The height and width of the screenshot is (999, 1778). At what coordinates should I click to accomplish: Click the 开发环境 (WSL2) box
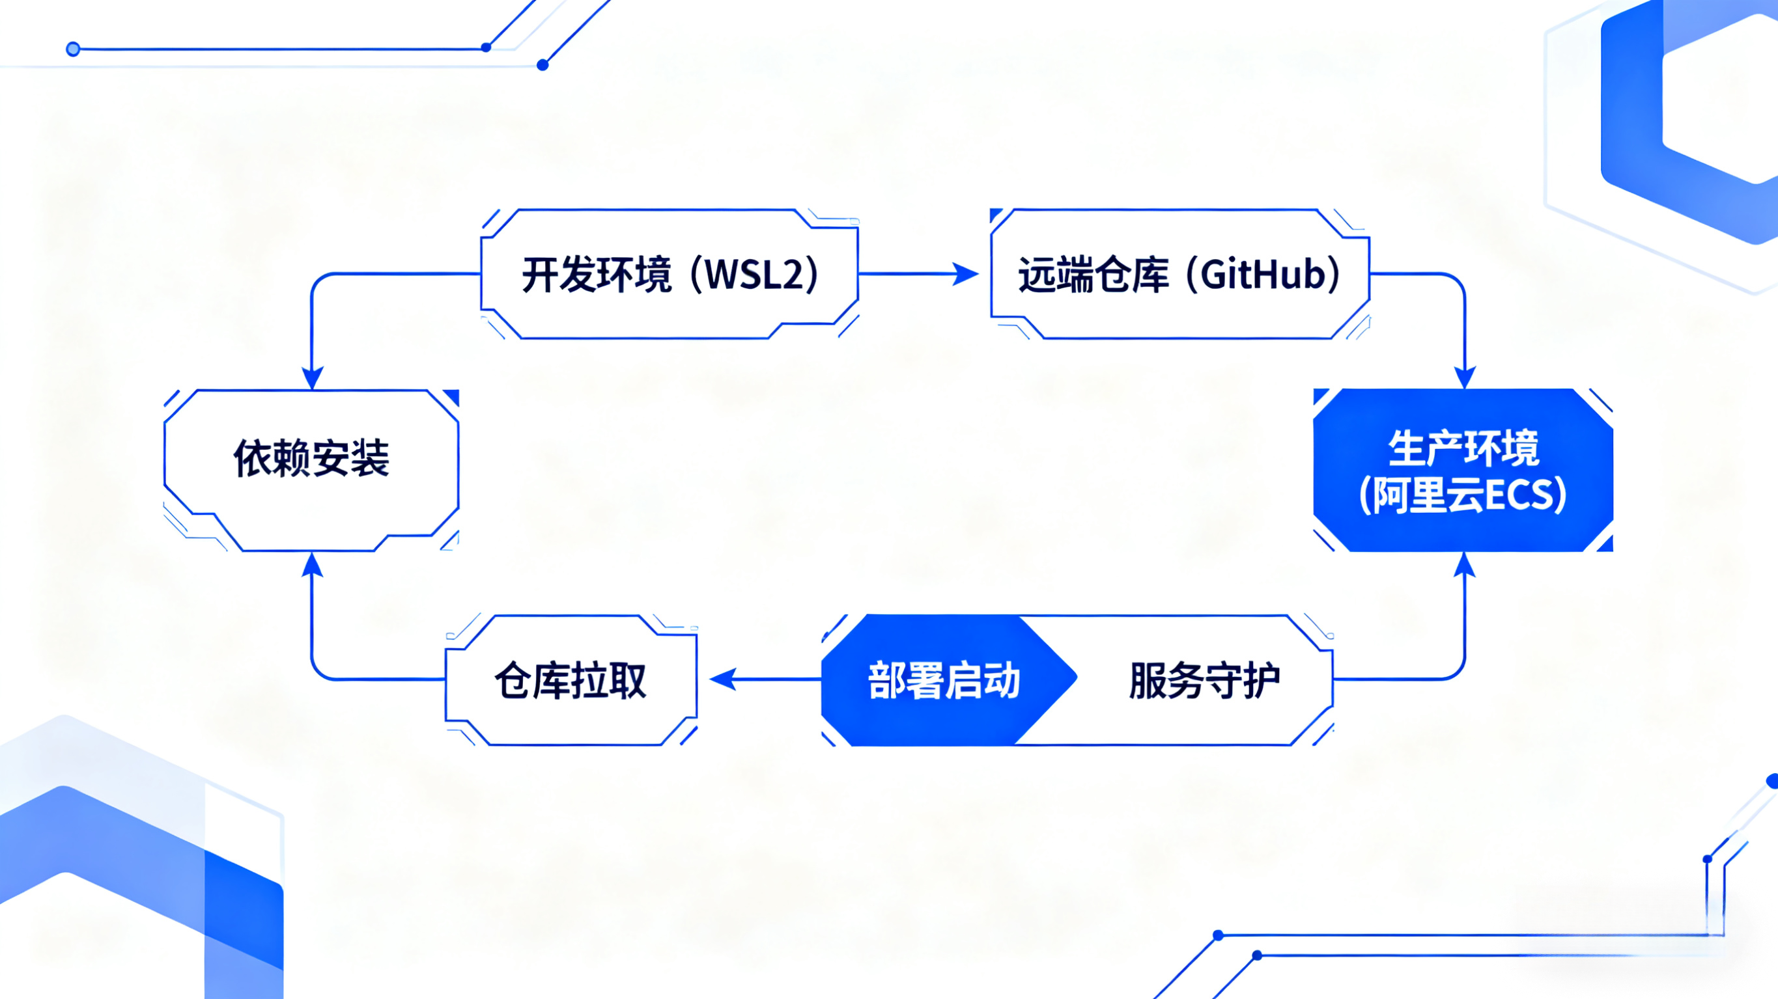(670, 274)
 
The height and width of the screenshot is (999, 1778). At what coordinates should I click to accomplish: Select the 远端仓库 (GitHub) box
(1179, 274)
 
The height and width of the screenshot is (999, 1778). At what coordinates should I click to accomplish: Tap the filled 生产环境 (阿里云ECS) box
(1463, 471)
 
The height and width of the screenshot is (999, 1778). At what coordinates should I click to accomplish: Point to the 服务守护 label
(1204, 680)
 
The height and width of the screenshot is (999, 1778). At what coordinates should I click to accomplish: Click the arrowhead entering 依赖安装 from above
(313, 377)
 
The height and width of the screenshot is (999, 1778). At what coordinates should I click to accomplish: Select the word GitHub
(1262, 274)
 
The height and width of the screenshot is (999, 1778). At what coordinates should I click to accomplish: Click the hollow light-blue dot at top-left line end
(73, 49)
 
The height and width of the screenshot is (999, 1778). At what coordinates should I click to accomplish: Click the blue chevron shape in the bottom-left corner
(138, 849)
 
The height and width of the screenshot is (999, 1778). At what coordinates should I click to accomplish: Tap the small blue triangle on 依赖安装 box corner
(452, 397)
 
